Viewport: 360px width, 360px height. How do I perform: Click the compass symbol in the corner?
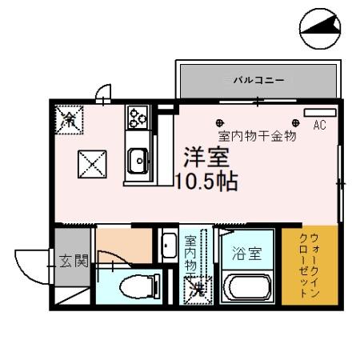(320, 30)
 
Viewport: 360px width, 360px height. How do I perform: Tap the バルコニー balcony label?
(258, 80)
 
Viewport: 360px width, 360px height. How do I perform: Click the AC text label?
(319, 126)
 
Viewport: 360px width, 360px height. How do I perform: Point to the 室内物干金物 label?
(257, 136)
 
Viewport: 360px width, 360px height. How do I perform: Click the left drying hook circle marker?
(220, 122)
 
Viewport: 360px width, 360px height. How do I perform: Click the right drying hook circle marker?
(295, 122)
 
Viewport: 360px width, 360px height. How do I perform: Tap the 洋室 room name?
(204, 157)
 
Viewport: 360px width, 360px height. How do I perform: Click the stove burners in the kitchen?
(137, 118)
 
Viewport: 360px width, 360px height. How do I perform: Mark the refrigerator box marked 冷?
(70, 122)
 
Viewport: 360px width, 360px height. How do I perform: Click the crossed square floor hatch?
(91, 166)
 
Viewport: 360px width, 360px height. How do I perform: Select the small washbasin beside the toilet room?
(169, 245)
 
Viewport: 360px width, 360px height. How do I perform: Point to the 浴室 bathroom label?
(246, 254)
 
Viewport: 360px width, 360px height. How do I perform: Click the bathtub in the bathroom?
(249, 287)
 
